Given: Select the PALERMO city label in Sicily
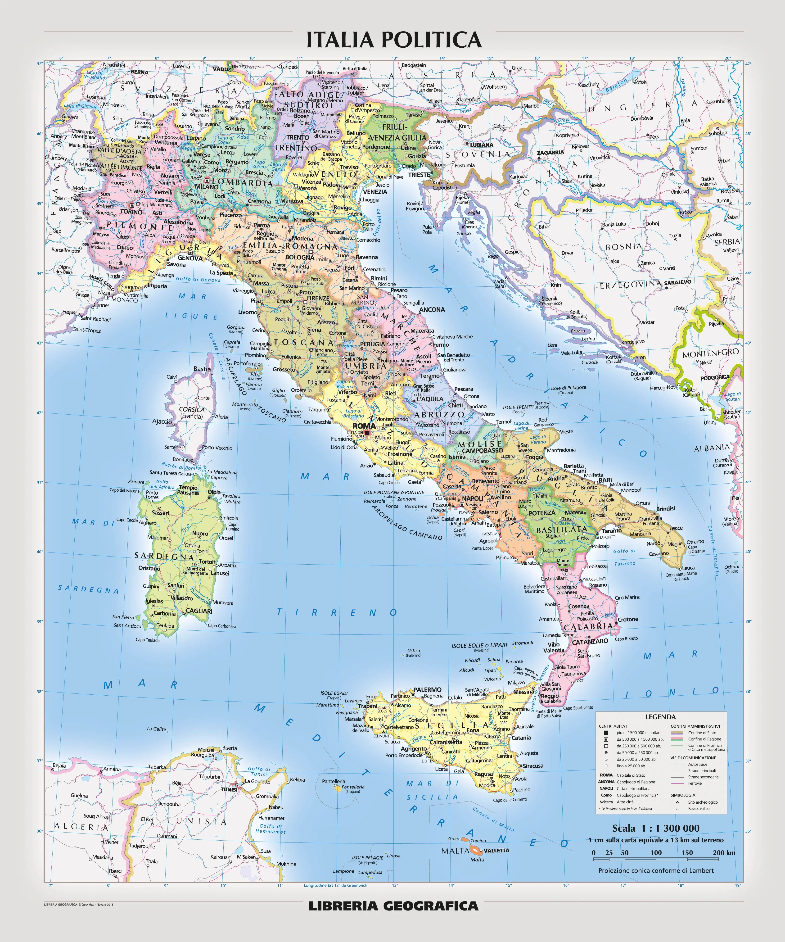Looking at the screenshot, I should pos(427,689).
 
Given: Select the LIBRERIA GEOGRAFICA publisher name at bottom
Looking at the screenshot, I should pos(393,906).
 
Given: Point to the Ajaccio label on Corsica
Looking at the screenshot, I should pos(162,421).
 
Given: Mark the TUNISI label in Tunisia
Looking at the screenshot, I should pos(229,789).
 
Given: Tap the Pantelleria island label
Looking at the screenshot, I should pos(334,781).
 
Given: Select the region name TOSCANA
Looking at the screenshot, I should pos(304,342).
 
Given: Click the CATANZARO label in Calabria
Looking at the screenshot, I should pos(590,641).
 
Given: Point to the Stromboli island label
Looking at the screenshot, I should pos(523,643).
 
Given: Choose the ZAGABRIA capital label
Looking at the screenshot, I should pos(550,153).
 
